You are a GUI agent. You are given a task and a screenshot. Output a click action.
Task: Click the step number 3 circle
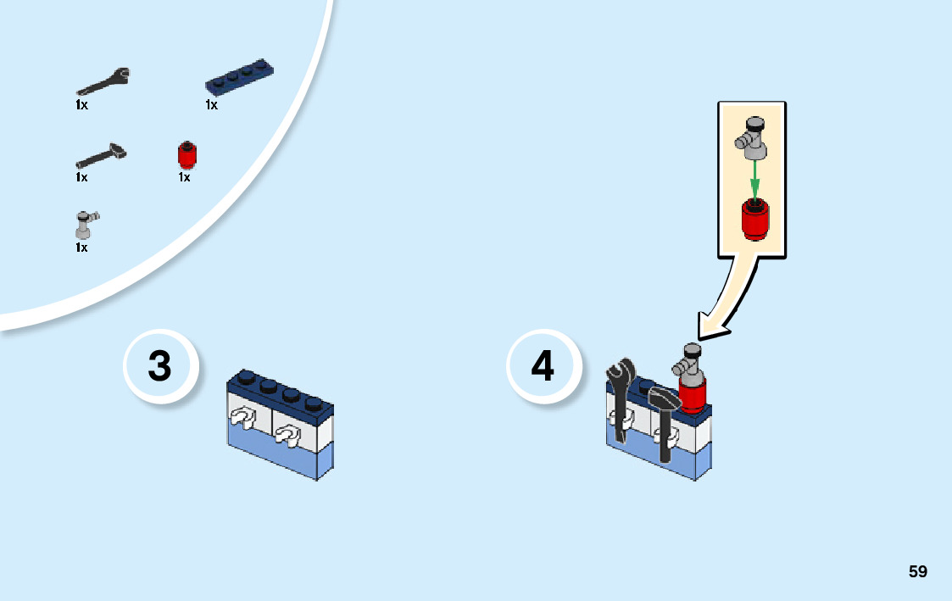pyautogui.click(x=159, y=367)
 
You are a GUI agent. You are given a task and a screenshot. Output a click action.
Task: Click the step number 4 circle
pyautogui.click(x=543, y=367)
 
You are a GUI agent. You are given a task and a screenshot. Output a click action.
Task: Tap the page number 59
pyautogui.click(x=917, y=571)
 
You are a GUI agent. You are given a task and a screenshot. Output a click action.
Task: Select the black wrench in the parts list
pyautogui.click(x=103, y=82)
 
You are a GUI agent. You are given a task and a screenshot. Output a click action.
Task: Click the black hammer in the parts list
pyautogui.click(x=101, y=155)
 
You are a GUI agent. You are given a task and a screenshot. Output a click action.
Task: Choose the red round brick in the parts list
pyautogui.click(x=186, y=154)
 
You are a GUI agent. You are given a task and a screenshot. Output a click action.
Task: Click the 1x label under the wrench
pyautogui.click(x=81, y=105)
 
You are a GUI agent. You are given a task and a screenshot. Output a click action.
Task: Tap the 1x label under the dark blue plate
pyautogui.click(x=211, y=105)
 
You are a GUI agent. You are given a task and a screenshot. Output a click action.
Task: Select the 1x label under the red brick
pyautogui.click(x=184, y=177)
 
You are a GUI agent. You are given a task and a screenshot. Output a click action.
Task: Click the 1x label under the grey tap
pyautogui.click(x=81, y=248)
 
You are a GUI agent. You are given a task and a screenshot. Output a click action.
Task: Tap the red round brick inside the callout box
pyautogui.click(x=753, y=219)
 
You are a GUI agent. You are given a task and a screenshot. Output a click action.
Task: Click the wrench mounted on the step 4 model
pyautogui.click(x=620, y=398)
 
